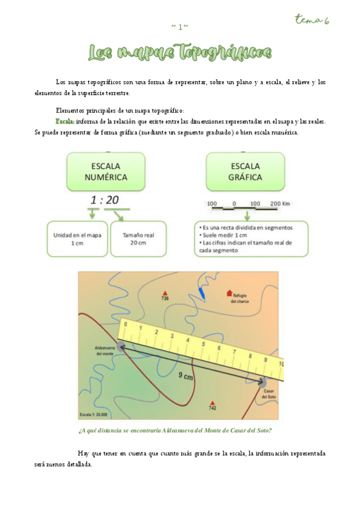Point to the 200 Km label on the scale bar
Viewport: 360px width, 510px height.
pyautogui.click(x=280, y=204)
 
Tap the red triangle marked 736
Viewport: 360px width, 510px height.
pyautogui.click(x=165, y=293)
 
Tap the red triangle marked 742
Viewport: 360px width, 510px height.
pyautogui.click(x=212, y=403)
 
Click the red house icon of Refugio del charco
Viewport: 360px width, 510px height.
pyautogui.click(x=229, y=293)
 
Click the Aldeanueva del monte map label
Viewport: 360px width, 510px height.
pyautogui.click(x=104, y=351)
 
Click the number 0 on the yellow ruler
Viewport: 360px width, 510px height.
pyautogui.click(x=125, y=324)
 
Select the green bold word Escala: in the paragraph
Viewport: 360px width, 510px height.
pyautogui.click(x=66, y=121)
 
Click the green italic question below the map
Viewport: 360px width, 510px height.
pyautogui.click(x=174, y=431)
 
